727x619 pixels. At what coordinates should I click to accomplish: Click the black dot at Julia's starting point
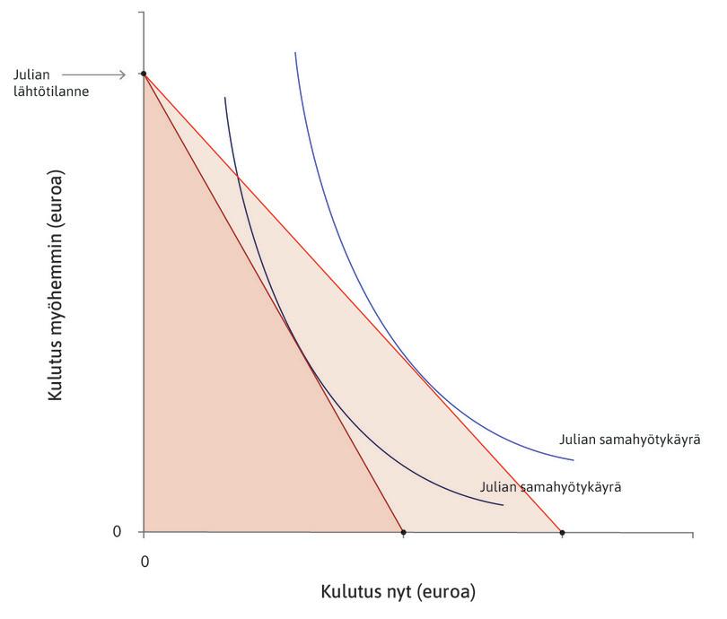144,74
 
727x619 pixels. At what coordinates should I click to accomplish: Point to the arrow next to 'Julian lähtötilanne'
99,74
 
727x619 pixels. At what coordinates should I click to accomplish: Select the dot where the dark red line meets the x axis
403,533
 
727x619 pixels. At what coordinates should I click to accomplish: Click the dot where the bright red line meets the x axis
562,533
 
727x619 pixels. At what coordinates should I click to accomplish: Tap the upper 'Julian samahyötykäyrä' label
629,440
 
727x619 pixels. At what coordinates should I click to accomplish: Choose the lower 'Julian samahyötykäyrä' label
551,488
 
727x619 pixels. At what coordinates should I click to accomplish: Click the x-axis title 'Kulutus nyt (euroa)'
398,592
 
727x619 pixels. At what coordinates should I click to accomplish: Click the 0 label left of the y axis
116,532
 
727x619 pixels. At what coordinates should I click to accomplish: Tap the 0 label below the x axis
144,560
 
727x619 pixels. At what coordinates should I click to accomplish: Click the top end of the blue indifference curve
295,53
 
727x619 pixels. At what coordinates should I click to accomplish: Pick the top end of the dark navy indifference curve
224,97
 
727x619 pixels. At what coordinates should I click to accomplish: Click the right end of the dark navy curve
503,506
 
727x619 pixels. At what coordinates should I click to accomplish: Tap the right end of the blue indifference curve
573,460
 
